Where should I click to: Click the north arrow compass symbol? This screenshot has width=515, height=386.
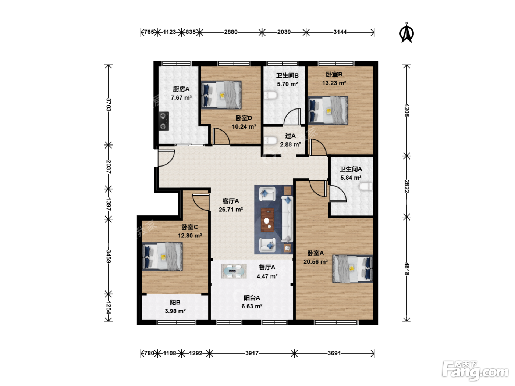click(406, 33)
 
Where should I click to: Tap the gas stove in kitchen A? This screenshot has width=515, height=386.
click(164, 121)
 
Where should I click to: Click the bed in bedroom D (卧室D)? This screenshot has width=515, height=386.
click(221, 95)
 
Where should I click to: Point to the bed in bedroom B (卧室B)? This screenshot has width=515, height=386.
click(328, 110)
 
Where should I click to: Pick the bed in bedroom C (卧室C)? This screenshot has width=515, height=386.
click(162, 256)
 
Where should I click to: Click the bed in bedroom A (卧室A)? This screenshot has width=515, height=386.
click(352, 269)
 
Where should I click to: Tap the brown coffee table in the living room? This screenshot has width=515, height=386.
click(267, 220)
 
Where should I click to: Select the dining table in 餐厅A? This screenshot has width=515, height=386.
click(234, 271)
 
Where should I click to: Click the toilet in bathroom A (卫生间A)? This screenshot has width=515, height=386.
click(366, 186)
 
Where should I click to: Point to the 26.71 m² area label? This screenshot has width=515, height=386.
click(231, 210)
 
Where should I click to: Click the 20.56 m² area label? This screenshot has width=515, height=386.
click(316, 262)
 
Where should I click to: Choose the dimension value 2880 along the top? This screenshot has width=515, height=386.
click(231, 32)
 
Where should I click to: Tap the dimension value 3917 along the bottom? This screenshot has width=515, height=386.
click(252, 353)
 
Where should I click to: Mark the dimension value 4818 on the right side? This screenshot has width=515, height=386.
click(406, 269)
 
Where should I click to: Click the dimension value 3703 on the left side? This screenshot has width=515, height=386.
click(108, 104)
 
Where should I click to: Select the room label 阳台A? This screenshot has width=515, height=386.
click(252, 298)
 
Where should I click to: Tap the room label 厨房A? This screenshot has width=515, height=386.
click(181, 89)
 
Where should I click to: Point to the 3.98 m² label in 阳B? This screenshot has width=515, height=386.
click(175, 311)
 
